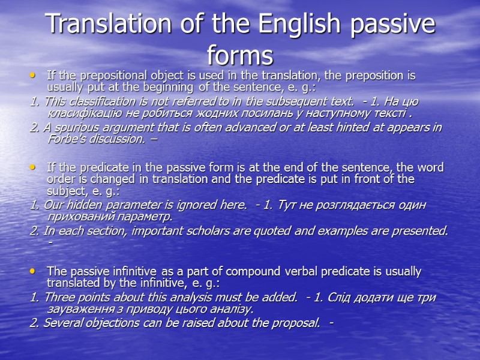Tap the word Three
point(56,298)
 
